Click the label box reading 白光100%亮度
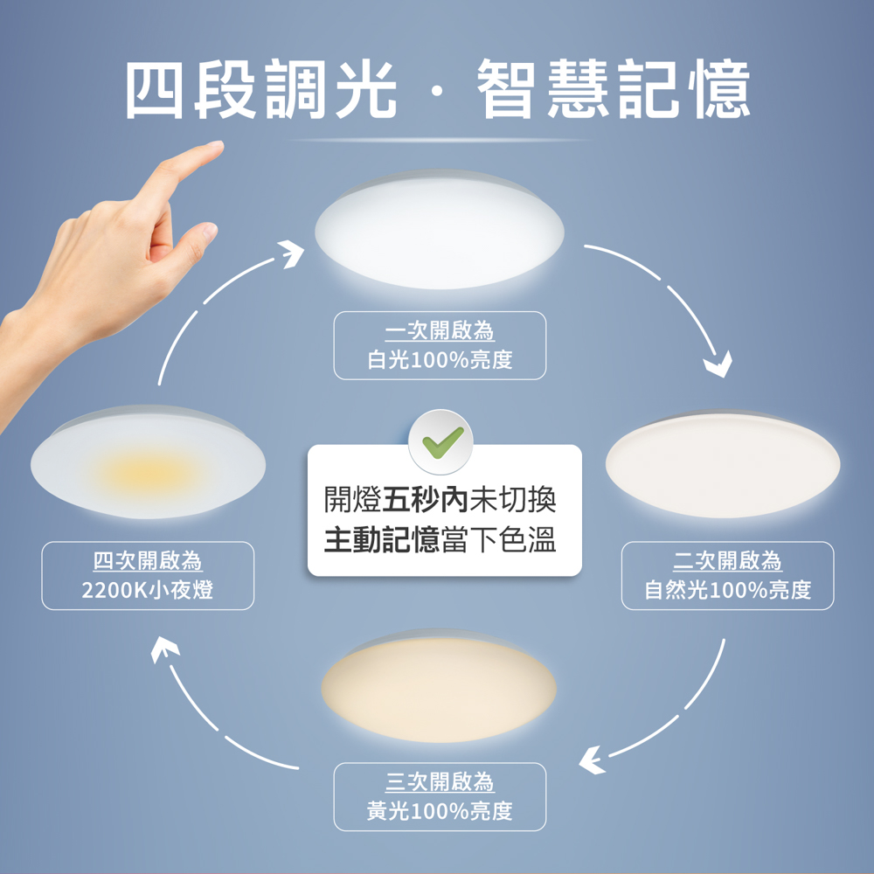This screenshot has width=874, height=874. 440,345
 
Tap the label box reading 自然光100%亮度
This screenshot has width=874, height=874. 727,576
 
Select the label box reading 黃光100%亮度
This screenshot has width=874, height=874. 440,796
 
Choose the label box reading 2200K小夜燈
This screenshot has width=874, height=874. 149,576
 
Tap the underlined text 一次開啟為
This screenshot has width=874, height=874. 440,331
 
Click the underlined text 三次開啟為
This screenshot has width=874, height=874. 440,781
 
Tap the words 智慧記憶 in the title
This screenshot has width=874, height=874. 613,90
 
